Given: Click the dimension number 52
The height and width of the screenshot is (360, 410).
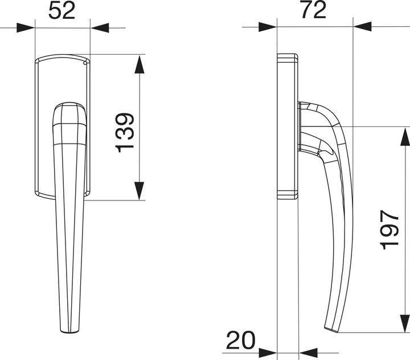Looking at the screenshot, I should pos(62,11).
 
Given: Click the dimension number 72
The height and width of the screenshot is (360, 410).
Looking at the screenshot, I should pos(313,10).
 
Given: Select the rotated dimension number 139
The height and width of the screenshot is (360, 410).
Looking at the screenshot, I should pos(125,132).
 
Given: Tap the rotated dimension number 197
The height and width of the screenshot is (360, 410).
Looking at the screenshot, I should pos(390,229).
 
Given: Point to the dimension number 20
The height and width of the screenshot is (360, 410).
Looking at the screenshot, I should pos(240,341).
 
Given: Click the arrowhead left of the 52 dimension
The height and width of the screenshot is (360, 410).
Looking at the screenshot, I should pos(26,27).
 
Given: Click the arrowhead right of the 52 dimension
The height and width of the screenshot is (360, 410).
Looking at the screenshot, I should pos(100,27).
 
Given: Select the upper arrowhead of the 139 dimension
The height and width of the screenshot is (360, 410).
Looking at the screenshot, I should pos(140,64).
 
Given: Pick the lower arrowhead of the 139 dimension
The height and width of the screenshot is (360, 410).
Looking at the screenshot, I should pos(140,191).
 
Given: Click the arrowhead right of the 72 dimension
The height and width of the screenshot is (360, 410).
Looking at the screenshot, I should pos(362,27).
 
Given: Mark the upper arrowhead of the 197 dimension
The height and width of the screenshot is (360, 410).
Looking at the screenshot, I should pos(404,136).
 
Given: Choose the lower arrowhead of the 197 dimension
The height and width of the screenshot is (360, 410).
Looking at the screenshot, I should pos(404,322).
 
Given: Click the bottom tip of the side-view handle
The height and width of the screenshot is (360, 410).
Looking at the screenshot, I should pos(331,328).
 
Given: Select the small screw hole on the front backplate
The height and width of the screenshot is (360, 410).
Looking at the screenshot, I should pos(85,64).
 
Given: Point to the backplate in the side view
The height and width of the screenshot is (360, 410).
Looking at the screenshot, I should pos(287,125).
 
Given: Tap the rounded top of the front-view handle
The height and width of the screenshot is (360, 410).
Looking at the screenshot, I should pos(69,106).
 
